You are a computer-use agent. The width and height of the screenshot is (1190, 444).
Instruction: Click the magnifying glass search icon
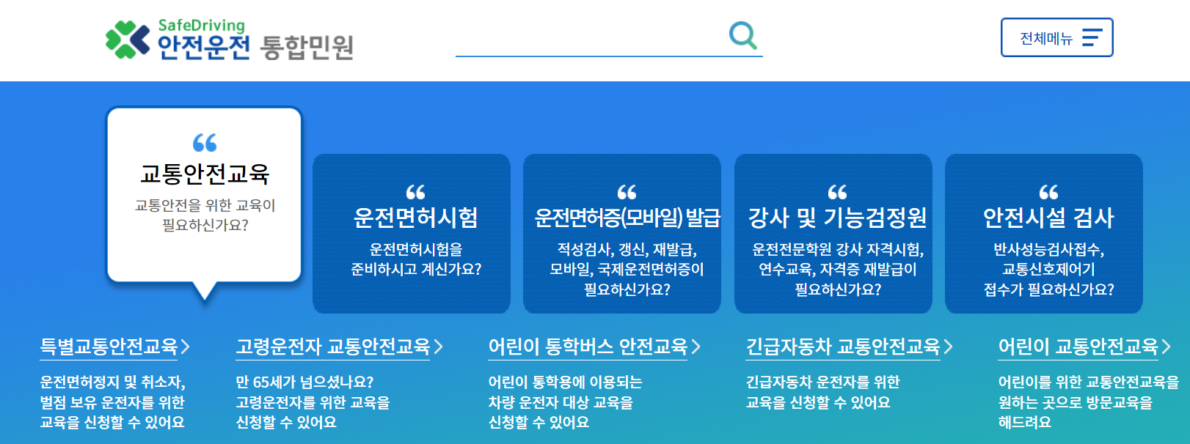coord(742,35)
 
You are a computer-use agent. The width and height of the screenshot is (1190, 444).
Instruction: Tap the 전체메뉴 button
coord(1056,38)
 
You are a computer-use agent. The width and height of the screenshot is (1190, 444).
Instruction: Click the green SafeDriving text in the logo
coord(201,26)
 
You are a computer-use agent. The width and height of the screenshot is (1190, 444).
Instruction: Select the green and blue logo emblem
coord(127,39)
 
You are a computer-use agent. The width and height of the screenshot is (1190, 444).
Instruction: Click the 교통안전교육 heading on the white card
coord(205,174)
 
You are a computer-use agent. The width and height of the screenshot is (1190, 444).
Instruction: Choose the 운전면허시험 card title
coord(415,218)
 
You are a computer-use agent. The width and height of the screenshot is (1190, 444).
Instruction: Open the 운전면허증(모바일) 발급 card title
coord(627,218)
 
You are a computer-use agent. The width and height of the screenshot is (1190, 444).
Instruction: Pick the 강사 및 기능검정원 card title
coord(837,218)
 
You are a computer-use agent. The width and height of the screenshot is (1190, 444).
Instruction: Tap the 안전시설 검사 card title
coord(1048,218)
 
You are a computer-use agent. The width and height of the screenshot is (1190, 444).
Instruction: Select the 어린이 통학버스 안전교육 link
coord(588,347)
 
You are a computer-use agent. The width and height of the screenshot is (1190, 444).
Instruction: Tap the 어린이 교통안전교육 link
coord(1078,347)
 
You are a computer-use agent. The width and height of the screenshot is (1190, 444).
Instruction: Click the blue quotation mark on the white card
coord(205,142)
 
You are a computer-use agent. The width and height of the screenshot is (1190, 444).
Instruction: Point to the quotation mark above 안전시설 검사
coord(1048,192)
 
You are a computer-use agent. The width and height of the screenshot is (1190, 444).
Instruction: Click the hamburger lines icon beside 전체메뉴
coord(1092,38)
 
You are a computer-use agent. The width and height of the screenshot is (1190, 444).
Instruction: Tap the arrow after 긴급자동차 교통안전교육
coord(948,347)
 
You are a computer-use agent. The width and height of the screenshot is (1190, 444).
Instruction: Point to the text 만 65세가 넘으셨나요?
coord(304,382)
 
